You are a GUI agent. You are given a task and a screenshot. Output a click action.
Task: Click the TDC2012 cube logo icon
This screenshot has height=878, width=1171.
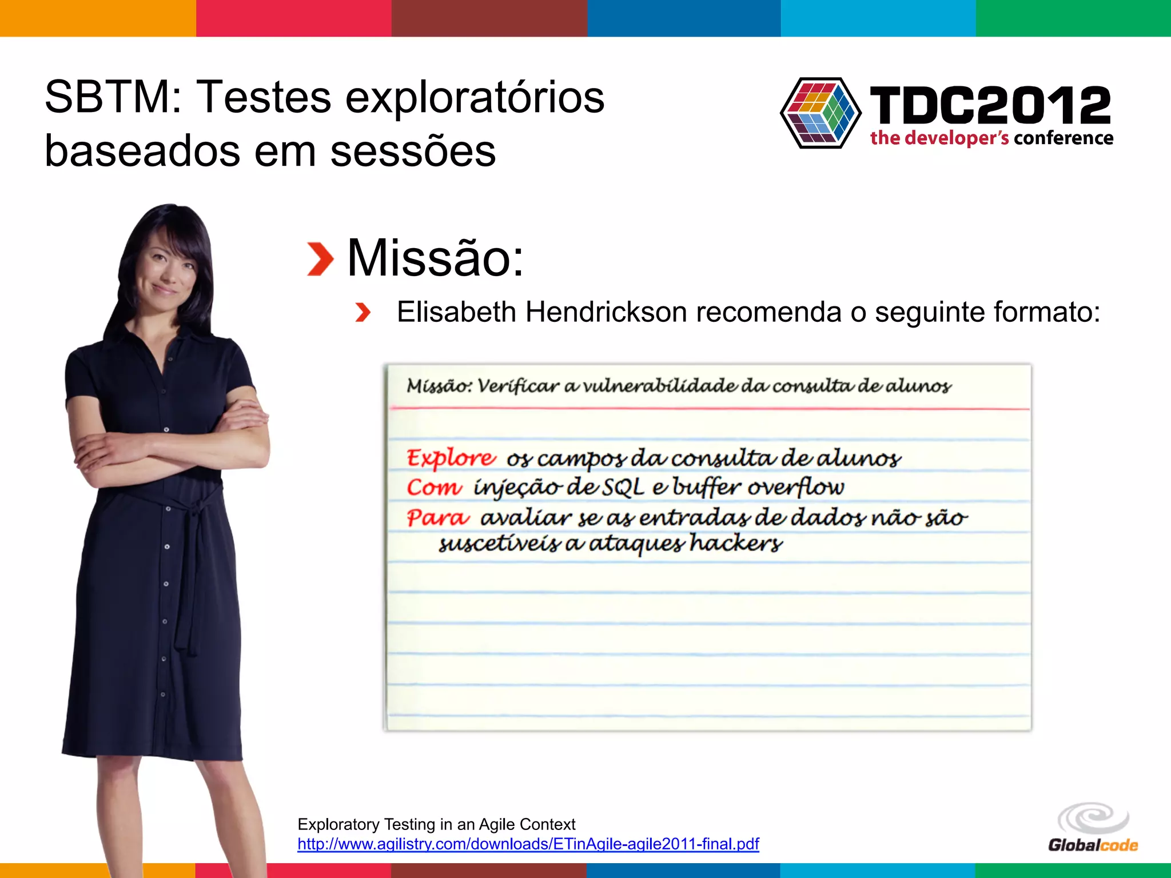coord(821,113)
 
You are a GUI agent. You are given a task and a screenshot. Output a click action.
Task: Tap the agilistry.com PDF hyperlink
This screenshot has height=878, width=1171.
coord(528,844)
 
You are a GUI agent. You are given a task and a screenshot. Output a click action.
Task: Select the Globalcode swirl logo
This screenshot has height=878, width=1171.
coord(1093,819)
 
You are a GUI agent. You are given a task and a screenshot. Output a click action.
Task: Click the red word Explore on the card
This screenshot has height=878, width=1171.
coord(451,458)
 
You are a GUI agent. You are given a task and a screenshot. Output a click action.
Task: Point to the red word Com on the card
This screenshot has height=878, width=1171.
coord(433,488)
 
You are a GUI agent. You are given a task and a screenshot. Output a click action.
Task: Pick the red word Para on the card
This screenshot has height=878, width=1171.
coord(437,518)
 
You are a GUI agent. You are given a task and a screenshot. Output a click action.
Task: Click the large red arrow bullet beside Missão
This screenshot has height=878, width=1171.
coord(320,259)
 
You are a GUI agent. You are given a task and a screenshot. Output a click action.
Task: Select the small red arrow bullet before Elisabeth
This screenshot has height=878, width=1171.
coord(363,313)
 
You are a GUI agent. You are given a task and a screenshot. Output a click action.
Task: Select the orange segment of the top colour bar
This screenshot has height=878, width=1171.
coord(97,18)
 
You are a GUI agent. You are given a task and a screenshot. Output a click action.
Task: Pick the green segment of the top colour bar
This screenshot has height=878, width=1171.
coord(1073,18)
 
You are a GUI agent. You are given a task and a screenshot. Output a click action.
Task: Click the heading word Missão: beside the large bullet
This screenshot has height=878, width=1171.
coord(435,258)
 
